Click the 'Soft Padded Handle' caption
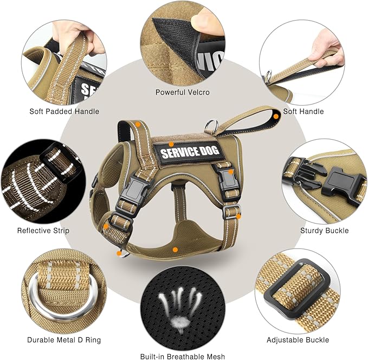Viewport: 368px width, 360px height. click(64, 112)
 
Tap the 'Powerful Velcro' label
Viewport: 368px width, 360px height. click(183, 93)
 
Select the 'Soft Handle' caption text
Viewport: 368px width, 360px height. click(304, 112)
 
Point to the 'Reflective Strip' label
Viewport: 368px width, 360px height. click(43, 231)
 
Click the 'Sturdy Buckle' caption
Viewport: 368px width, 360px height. click(325, 231)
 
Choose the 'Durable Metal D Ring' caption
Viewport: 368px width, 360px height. click(63, 340)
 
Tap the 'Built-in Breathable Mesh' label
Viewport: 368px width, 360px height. click(182, 356)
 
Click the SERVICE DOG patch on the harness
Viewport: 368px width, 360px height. click(187, 150)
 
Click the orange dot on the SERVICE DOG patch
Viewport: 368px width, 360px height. click(171, 144)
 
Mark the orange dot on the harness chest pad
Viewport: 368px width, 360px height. click(175, 250)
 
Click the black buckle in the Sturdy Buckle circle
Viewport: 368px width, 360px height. click(336, 184)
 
